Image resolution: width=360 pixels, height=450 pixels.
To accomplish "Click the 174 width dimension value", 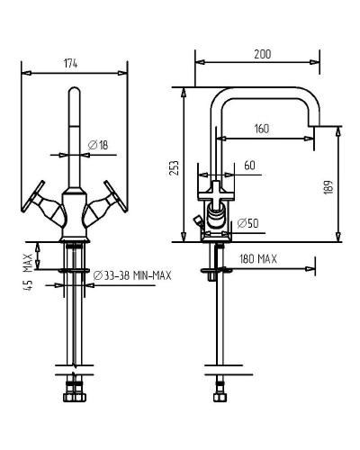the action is coord(70,64).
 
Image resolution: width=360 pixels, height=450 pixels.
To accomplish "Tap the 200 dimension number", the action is coord(263,54).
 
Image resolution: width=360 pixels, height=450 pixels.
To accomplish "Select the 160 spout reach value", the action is coord(262,129).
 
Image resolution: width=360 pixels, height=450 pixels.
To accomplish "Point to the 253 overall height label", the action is coord(174,168).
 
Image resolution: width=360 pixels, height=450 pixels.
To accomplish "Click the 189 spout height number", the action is coord(328,187).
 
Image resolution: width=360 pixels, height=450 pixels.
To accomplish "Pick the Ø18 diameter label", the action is coord(98,146).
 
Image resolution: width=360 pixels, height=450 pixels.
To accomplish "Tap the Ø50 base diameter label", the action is coord(247,223).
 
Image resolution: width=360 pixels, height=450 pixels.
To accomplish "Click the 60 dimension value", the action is coord(249,166).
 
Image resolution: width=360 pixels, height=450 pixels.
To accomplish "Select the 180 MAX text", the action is coord(258,259).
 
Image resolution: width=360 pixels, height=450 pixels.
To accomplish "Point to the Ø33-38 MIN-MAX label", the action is coord(132,275).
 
